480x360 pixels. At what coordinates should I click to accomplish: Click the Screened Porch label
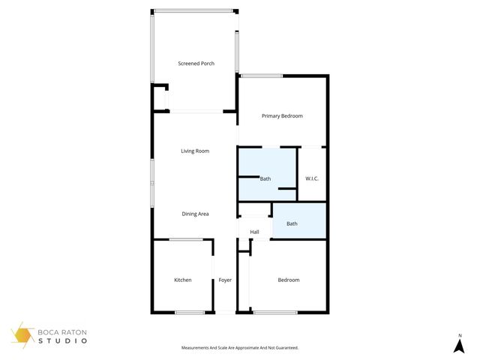(x=196, y=64)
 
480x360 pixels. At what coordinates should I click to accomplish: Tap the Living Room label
(x=195, y=151)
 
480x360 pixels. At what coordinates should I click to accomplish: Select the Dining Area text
(x=195, y=214)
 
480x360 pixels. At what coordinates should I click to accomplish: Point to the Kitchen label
(x=182, y=280)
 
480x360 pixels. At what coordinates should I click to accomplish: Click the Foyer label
(x=225, y=280)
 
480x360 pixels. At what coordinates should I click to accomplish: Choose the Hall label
(x=254, y=232)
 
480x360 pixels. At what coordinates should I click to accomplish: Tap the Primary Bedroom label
(x=282, y=116)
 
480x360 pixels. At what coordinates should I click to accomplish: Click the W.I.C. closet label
(x=312, y=178)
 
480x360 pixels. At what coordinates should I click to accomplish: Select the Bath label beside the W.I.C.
(x=265, y=179)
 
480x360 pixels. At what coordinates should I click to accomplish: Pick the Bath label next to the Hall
(x=292, y=223)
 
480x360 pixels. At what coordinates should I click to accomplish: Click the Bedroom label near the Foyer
(x=289, y=280)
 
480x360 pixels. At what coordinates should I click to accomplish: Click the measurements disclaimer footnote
(x=240, y=348)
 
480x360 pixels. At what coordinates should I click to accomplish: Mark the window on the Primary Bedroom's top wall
(x=262, y=75)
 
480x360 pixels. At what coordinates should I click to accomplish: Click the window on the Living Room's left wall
(x=153, y=183)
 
